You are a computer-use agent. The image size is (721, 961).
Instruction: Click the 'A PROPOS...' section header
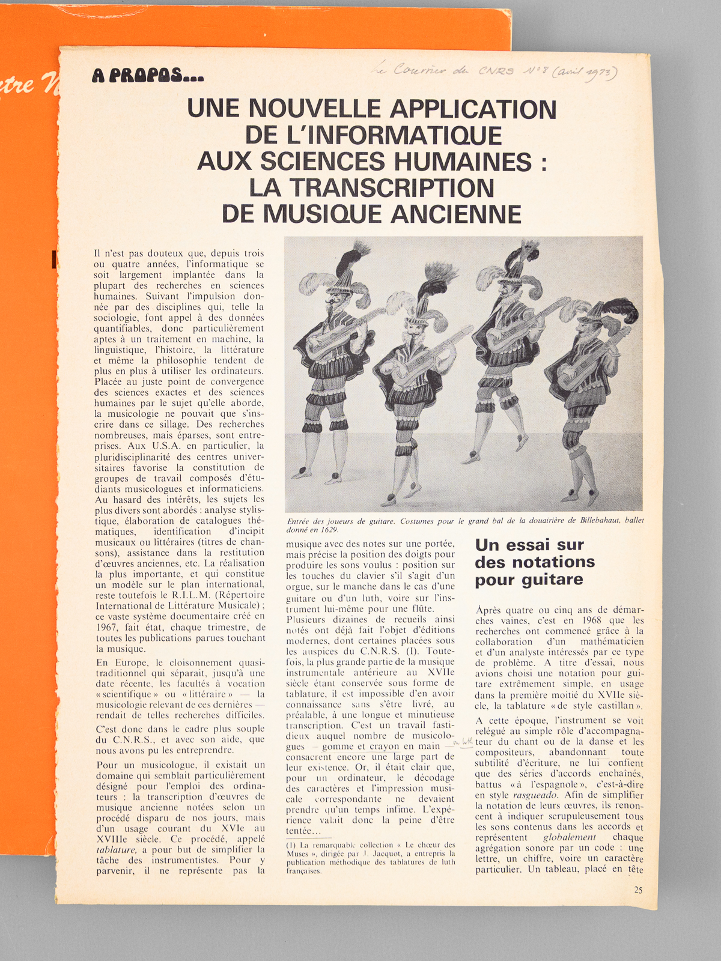click(148, 76)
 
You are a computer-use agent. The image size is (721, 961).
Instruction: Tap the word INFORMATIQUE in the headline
click(399, 135)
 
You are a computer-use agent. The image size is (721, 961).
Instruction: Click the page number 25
click(638, 890)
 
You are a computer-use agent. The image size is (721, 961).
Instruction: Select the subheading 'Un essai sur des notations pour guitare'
click(535, 562)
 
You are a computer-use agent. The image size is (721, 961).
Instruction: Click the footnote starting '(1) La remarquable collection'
click(370, 858)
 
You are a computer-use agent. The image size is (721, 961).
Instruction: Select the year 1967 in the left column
click(107, 627)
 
